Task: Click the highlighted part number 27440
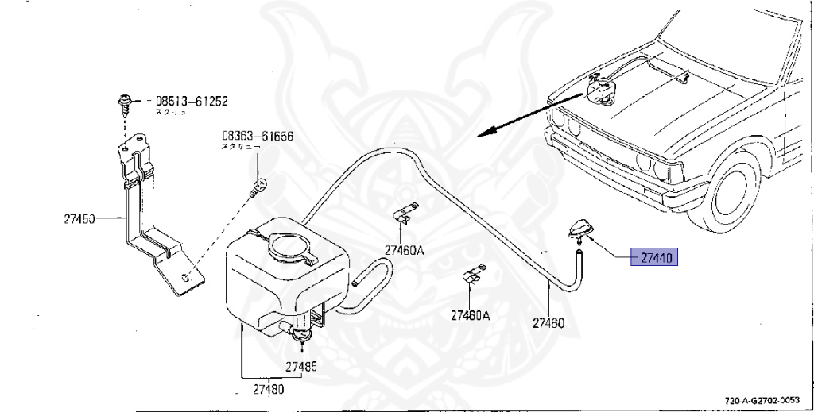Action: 655,258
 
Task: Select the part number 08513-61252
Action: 191,102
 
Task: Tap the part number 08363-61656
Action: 258,137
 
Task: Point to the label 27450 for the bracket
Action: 79,218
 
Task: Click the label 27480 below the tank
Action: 268,390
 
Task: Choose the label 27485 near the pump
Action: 301,367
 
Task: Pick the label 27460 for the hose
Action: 548,323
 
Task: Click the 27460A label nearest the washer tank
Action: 405,250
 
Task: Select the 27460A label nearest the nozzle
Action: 471,315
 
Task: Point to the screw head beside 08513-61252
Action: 125,101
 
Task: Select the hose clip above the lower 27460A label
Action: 475,272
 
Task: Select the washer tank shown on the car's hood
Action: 599,88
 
